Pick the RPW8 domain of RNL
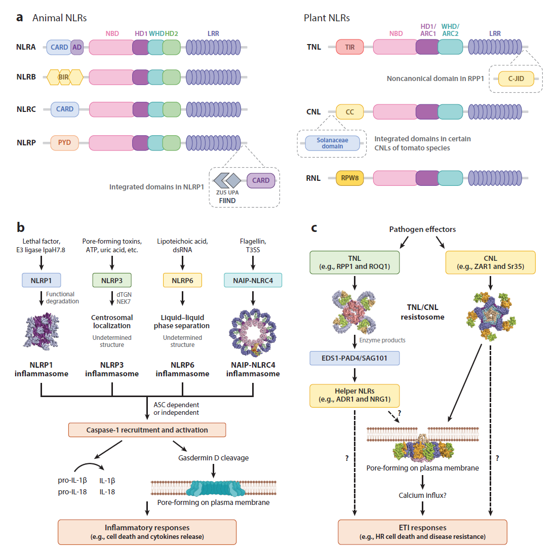point(349,178)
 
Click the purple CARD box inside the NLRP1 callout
point(261,180)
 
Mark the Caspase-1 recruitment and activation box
point(147,430)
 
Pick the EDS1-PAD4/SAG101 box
point(354,359)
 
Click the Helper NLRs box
point(354,396)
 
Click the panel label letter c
point(314,229)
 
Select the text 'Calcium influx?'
point(422,495)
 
